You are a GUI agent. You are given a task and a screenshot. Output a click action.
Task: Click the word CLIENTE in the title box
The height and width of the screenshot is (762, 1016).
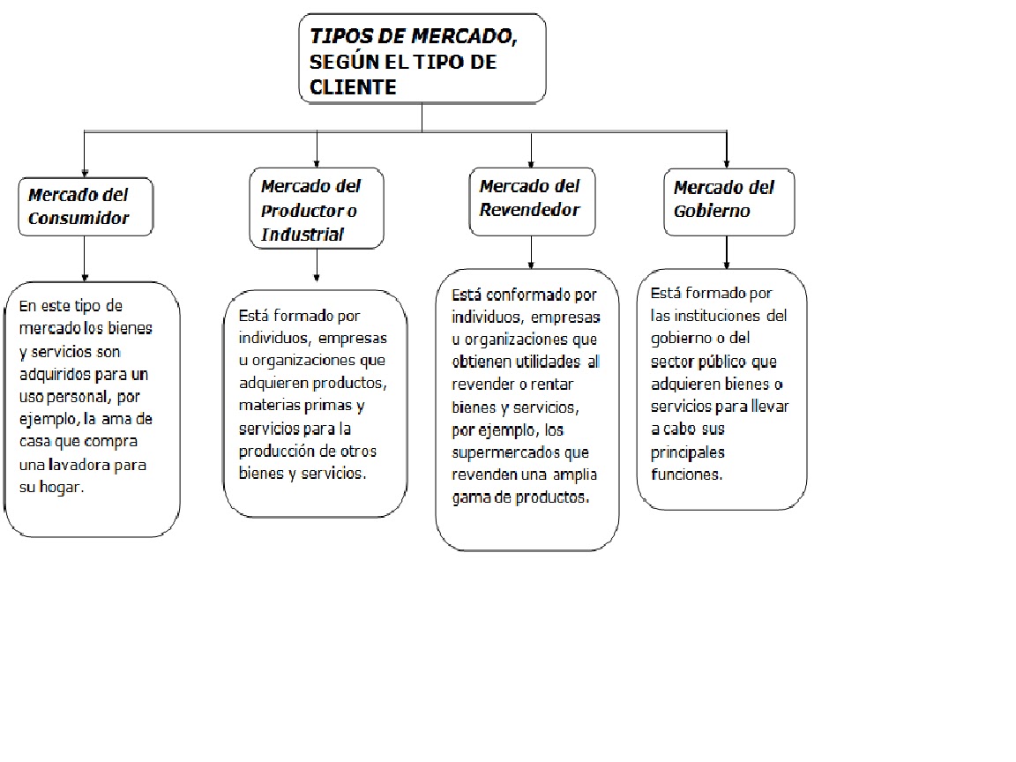pos(353,87)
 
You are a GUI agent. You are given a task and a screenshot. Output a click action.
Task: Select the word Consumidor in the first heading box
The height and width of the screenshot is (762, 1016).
pos(78,218)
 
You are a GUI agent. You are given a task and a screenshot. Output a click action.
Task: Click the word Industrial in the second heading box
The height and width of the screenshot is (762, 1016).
pos(303,235)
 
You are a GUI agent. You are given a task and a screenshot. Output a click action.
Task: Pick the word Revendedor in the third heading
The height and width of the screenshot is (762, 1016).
pos(529,210)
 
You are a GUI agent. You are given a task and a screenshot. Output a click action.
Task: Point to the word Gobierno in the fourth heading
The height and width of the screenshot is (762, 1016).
pos(712,211)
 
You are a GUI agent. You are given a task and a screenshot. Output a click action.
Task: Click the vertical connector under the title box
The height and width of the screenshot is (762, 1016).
pos(422,116)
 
